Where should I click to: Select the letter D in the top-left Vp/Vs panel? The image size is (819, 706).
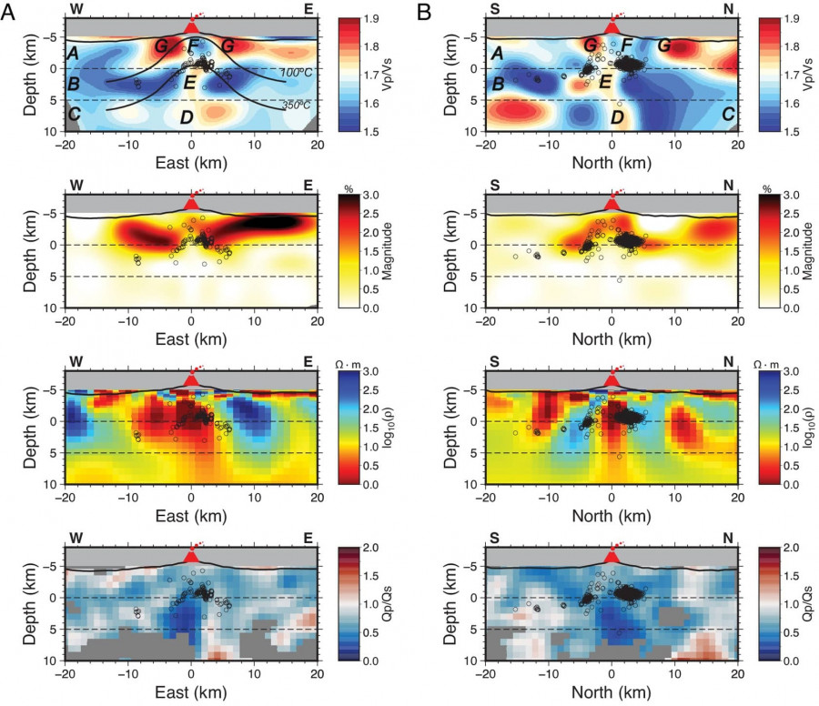187,116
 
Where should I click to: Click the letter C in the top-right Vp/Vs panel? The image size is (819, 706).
727,115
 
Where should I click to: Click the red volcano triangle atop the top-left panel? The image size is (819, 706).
190,28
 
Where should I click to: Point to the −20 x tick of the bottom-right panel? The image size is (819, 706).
486,675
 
